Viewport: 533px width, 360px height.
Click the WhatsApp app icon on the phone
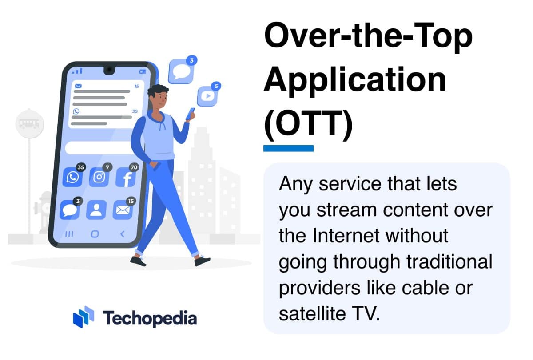click(x=72, y=178)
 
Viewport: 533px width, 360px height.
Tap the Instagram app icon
click(x=99, y=178)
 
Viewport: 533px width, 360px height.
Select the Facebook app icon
click(x=125, y=178)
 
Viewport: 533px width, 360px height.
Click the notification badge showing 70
click(x=134, y=167)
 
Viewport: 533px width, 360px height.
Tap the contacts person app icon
click(x=96, y=210)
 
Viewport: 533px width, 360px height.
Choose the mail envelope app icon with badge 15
click(x=122, y=210)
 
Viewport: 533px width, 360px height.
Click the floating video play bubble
click(x=207, y=96)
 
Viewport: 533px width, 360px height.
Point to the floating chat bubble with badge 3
click(x=181, y=71)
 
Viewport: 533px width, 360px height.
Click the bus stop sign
click(x=29, y=123)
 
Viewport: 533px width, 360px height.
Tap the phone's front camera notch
click(x=109, y=70)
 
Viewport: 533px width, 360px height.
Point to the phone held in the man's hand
click(x=192, y=112)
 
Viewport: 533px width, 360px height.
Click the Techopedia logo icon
click(x=84, y=317)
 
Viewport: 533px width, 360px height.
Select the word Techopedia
click(x=150, y=318)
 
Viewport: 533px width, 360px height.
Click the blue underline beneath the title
click(x=288, y=148)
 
